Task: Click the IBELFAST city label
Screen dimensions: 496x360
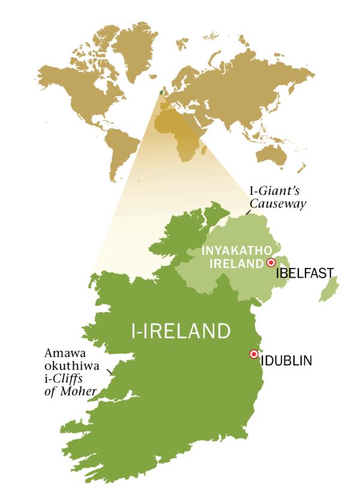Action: point(305,274)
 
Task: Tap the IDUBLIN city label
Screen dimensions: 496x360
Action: point(286,360)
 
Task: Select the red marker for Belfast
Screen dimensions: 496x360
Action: point(271,263)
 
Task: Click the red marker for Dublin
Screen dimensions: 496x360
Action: point(253,354)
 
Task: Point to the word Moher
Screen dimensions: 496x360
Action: point(82,392)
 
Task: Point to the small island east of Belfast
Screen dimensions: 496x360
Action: point(328,289)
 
